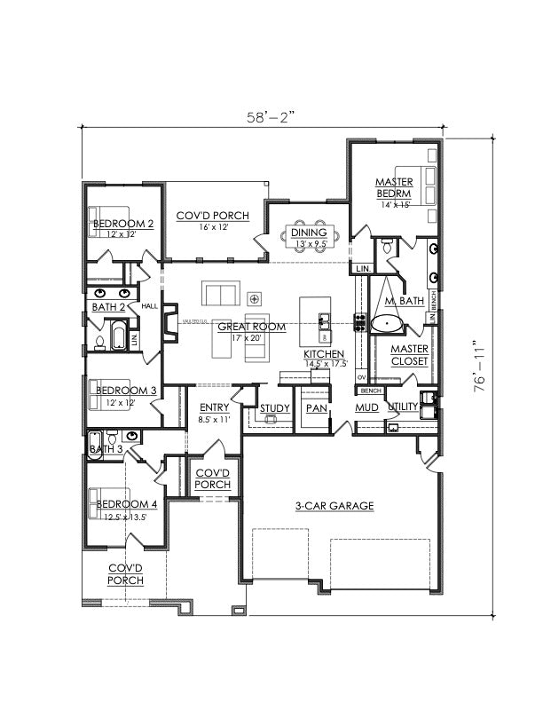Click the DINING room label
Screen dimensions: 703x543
[307, 233]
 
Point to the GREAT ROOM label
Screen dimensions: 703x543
[252, 327]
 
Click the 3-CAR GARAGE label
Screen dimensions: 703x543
[334, 506]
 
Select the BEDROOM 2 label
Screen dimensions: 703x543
[123, 225]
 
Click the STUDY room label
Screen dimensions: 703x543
[274, 408]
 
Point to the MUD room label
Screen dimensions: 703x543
[367, 408]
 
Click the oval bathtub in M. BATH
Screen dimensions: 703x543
[387, 323]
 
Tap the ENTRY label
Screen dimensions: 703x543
[214, 407]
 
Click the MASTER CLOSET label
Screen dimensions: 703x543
[409, 355]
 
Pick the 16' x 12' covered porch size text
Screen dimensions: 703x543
[214, 227]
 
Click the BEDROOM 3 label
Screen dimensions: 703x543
[125, 391]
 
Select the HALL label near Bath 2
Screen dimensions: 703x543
[149, 306]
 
